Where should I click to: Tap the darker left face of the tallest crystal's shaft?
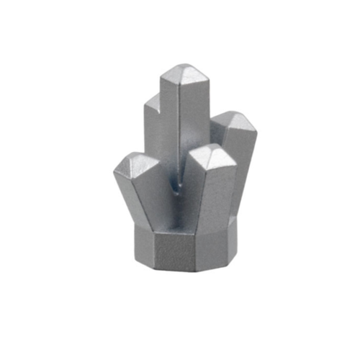[171, 130]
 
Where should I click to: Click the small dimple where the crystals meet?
[174, 189]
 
